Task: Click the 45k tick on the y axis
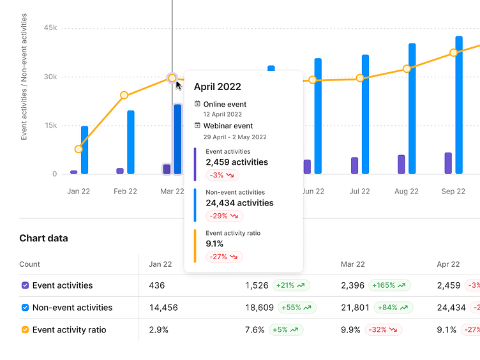pos(50,28)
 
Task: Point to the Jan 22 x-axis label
pos(79,191)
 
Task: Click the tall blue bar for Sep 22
pos(459,105)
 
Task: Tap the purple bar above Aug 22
pos(401,164)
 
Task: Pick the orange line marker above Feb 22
pos(124,95)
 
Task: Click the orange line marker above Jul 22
pos(360,78)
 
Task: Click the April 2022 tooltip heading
pos(218,87)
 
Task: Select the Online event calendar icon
pos(198,103)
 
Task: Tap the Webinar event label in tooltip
pos(228,126)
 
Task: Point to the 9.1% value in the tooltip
pos(214,243)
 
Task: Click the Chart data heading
pos(43,238)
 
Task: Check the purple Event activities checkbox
pos(25,285)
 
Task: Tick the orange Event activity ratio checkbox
pos(25,330)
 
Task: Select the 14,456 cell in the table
pos(163,308)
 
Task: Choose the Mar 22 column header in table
pos(353,264)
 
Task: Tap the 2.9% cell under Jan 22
pos(159,330)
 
